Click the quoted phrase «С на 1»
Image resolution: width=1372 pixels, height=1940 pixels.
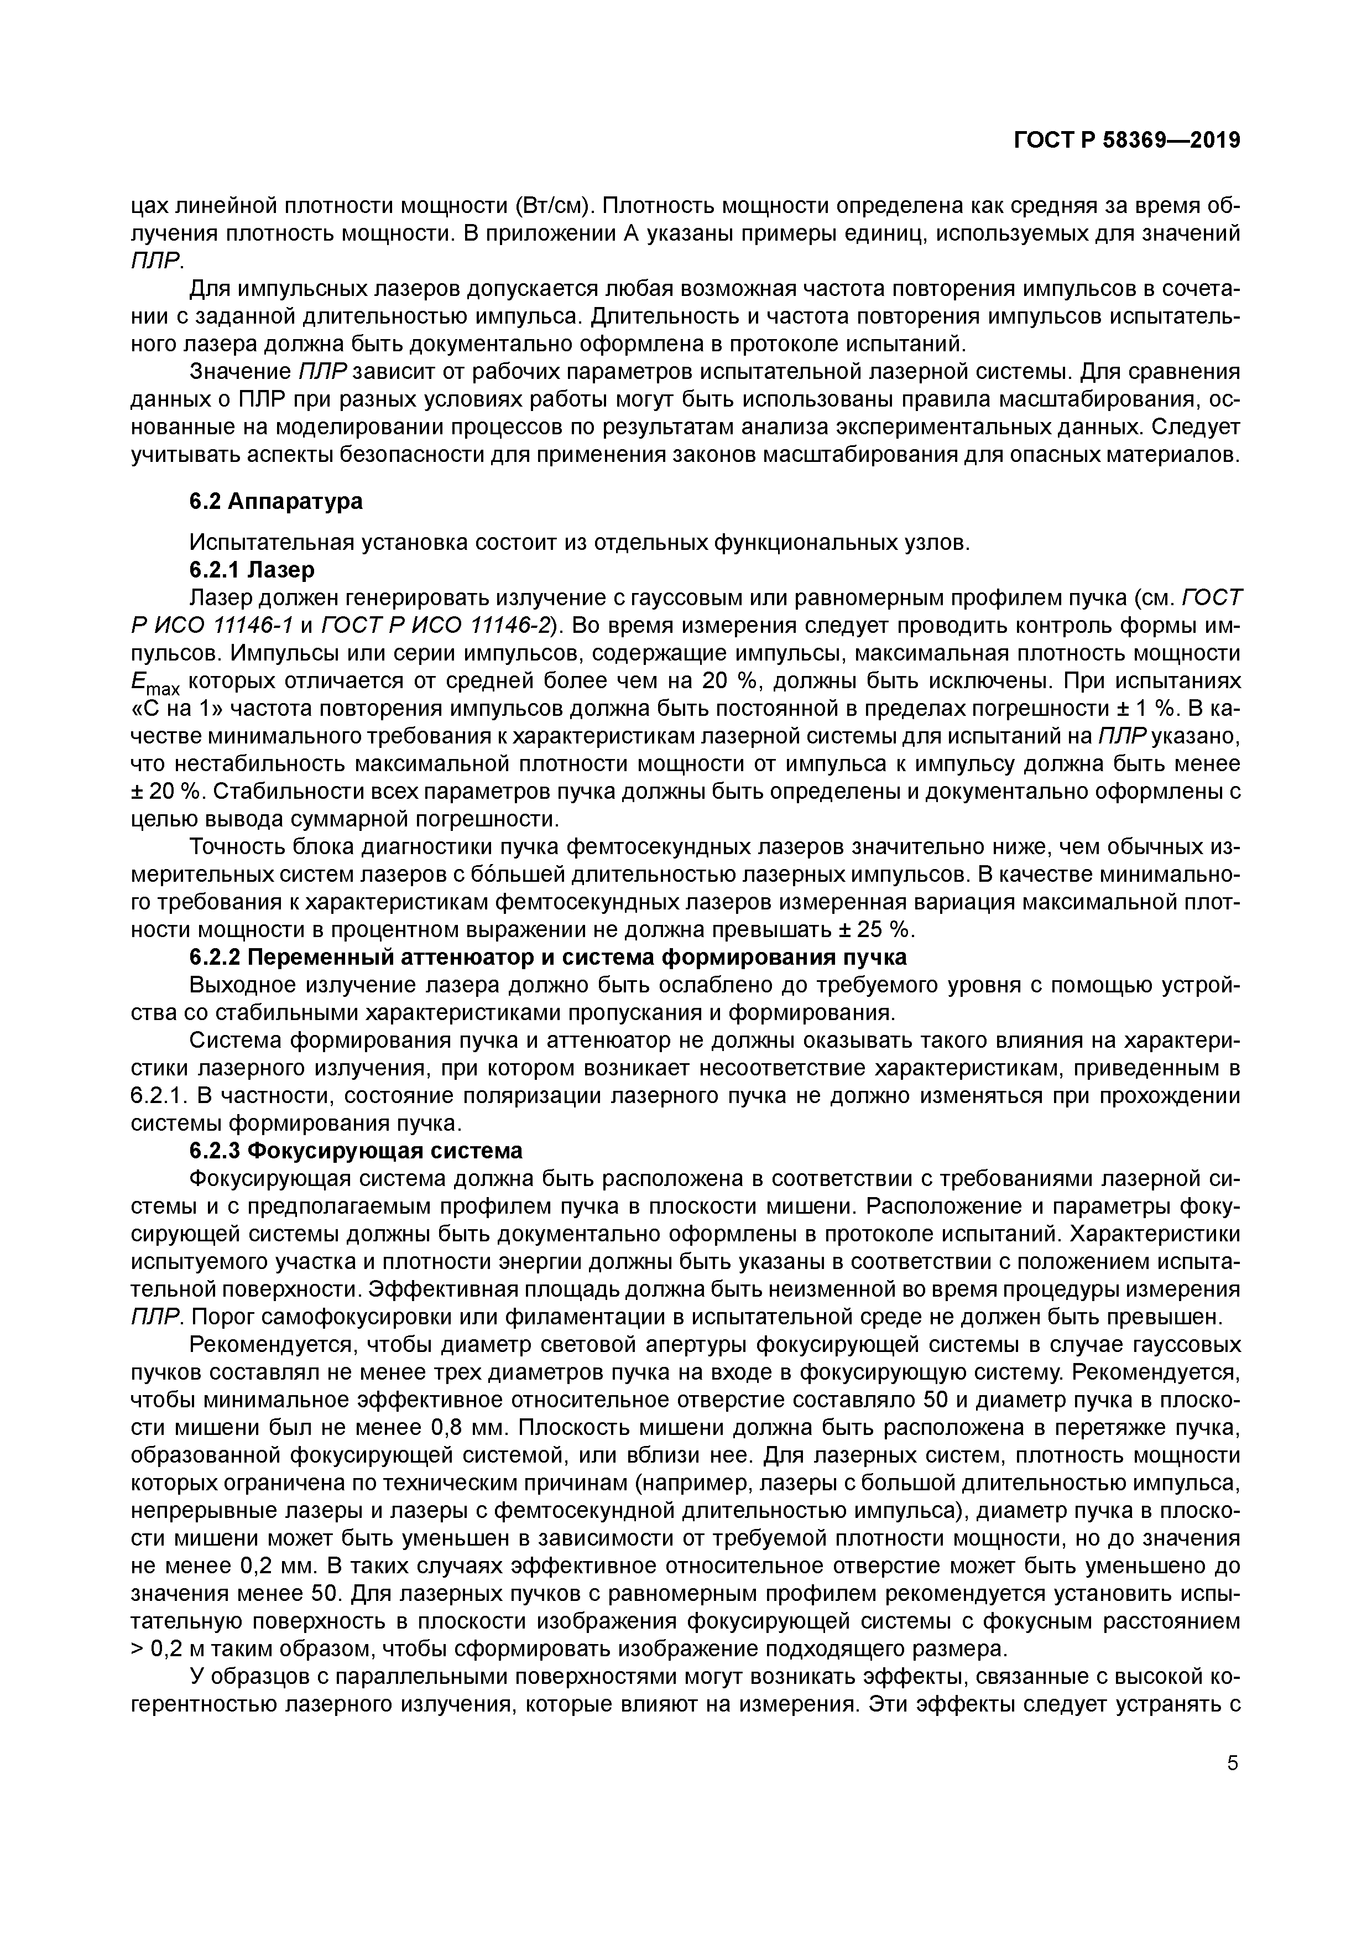click(x=173, y=709)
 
